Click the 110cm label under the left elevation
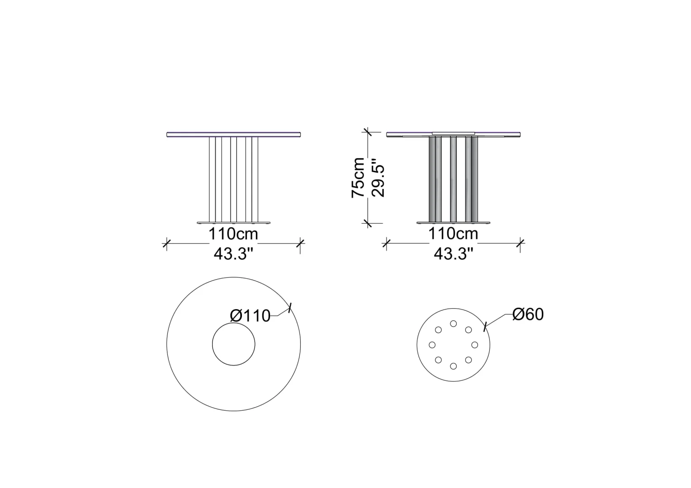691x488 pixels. (233, 234)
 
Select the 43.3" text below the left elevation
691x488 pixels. (233, 254)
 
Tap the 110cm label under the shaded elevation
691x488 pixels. (453, 234)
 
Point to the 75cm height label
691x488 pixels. (358, 178)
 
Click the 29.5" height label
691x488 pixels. (378, 178)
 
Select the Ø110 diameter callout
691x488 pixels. (250, 316)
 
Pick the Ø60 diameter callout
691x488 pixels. (528, 314)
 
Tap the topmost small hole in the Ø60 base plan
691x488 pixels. (453, 324)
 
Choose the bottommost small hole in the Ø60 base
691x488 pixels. (453, 366)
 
